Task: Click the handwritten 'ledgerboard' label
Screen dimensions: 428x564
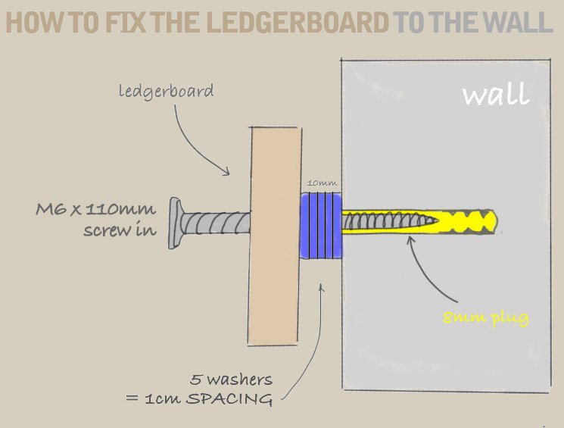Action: tap(166, 92)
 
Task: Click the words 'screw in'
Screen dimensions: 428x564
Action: tap(114, 228)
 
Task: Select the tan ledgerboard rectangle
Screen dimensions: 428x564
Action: tap(273, 235)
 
